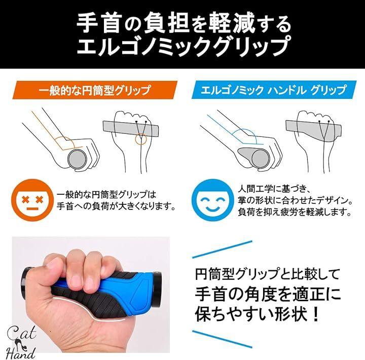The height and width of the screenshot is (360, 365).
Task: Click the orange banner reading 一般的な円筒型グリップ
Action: click(x=95, y=90)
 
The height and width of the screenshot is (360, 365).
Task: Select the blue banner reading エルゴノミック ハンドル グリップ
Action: click(x=274, y=90)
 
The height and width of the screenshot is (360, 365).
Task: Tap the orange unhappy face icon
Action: click(x=32, y=200)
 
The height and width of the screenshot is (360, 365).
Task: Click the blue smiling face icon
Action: click(x=212, y=200)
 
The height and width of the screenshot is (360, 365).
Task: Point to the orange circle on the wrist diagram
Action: click(x=141, y=139)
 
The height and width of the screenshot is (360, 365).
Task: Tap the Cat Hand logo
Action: click(x=21, y=342)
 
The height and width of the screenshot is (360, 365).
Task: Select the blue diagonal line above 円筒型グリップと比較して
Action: click(x=222, y=249)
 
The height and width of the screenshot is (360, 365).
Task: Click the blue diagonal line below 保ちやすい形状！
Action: click(x=222, y=339)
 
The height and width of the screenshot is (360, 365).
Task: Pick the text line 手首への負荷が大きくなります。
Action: click(x=116, y=206)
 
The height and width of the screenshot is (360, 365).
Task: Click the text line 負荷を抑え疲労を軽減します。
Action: click(x=295, y=212)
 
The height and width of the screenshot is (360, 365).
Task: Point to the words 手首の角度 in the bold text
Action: click(x=241, y=294)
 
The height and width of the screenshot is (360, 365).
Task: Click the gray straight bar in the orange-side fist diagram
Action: click(x=131, y=129)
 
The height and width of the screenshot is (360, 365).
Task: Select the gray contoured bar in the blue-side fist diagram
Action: click(x=314, y=130)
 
